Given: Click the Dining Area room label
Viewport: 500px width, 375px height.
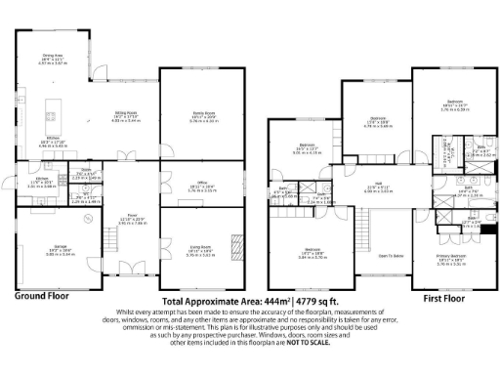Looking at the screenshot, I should click(x=53, y=58).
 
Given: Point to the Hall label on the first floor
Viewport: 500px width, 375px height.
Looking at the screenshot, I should click(x=384, y=185).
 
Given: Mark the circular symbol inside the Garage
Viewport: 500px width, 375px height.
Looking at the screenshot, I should click(x=87, y=221).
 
